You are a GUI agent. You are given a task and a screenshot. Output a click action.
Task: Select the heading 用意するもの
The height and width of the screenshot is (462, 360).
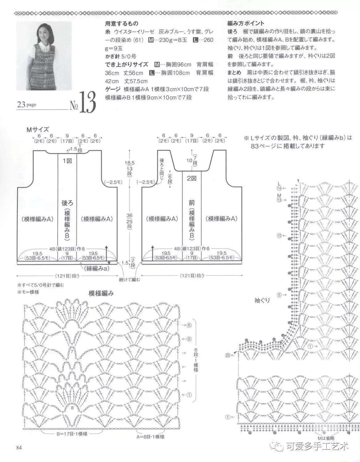[x=122, y=23]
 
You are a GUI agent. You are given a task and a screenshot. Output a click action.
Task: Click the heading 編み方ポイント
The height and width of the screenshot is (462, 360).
[x=246, y=23]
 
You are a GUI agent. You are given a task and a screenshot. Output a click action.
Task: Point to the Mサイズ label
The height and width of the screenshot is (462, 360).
[x=38, y=130]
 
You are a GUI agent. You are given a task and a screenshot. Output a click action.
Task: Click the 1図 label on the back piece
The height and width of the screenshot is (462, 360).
[x=67, y=161]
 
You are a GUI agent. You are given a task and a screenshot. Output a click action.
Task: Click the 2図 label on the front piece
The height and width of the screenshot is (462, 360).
[x=192, y=178]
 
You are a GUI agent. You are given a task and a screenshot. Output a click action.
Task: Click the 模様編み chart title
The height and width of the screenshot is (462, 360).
[x=101, y=293]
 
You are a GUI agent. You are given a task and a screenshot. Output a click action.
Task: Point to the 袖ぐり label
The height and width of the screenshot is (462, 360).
[x=262, y=300]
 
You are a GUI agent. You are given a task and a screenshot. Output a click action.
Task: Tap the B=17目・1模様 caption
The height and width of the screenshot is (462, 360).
[x=72, y=434]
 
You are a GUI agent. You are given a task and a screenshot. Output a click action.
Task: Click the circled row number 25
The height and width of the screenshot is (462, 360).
[x=228, y=355]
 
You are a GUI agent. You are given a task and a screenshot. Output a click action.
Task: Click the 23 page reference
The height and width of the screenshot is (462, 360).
[x=27, y=105]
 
